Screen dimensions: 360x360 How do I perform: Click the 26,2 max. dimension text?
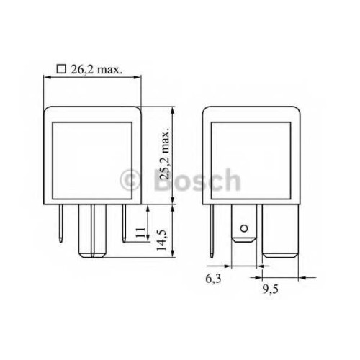click(96, 70)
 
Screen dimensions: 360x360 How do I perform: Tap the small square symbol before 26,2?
click(61, 69)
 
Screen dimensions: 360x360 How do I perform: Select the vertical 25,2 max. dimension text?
click(165, 153)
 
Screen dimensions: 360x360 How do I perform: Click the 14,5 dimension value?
click(161, 240)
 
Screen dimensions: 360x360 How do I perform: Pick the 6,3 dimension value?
click(213, 279)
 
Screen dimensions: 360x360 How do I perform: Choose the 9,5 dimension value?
click(270, 289)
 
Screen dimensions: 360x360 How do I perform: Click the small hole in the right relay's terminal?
click(244, 228)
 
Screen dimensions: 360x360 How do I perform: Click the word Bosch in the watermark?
click(197, 180)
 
